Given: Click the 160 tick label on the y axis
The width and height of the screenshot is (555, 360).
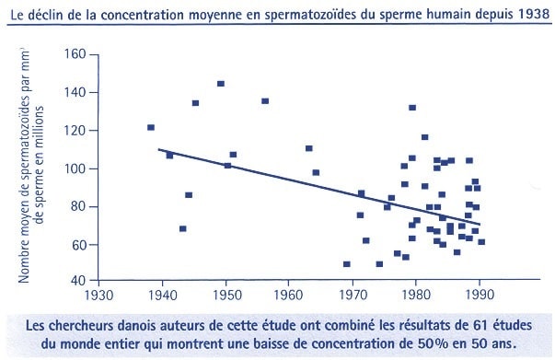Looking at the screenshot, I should point(75,54).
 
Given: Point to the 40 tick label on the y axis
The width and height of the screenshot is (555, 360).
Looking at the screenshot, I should point(78,282).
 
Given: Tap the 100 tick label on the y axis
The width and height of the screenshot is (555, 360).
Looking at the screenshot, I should point(75,168).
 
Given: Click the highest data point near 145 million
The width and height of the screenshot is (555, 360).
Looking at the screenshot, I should point(221,84).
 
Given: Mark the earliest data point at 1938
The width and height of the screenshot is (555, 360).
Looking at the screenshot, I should point(151,127).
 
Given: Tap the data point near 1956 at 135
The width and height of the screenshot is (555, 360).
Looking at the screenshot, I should point(265,101).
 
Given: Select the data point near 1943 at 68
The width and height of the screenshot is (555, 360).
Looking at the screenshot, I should point(182,228).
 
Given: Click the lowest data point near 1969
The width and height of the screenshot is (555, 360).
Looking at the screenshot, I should point(346,264).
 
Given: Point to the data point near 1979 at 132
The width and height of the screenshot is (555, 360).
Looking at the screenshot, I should point(412,108).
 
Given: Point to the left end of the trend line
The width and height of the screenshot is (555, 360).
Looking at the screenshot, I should point(158,149).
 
